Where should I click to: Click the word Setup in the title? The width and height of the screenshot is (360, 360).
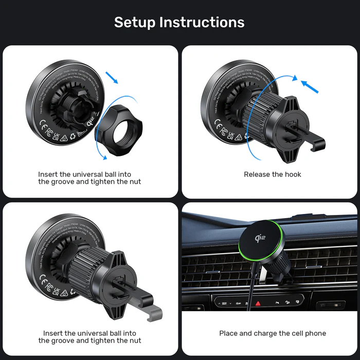click(134, 22)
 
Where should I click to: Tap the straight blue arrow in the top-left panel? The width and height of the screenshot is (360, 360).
click(113, 78)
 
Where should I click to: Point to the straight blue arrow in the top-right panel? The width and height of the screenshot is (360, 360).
click(310, 86)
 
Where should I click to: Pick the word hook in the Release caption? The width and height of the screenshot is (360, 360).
click(293, 174)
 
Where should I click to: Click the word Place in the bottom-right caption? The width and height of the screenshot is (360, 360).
click(228, 333)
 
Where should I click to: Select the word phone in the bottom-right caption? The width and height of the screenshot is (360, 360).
click(315, 333)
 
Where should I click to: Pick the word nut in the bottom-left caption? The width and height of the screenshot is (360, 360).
click(135, 340)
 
